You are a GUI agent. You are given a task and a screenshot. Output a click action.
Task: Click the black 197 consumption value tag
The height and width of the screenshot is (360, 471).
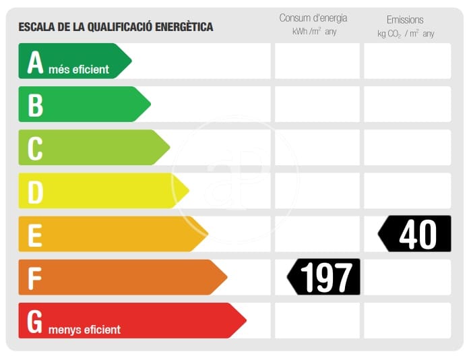tap(325, 276)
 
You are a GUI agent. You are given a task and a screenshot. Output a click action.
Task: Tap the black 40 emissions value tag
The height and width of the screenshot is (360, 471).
tap(415, 234)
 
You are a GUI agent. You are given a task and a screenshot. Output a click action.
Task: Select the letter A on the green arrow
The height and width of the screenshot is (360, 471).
tap(35, 61)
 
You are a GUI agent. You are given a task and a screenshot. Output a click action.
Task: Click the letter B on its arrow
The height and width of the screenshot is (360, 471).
tap(35, 104)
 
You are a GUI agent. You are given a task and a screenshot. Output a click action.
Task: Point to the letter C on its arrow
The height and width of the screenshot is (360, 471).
tap(35, 148)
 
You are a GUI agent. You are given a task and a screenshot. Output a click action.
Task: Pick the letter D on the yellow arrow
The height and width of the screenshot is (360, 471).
tap(35, 191)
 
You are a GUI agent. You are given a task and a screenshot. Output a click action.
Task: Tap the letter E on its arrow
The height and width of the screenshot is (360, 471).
tap(35, 234)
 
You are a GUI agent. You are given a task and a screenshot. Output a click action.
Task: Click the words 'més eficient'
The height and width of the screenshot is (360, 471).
tap(79, 69)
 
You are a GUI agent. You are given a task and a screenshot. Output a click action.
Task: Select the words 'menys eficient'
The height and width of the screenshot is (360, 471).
tap(84, 330)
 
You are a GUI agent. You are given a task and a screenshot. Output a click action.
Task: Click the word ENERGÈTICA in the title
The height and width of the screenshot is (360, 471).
tap(181, 27)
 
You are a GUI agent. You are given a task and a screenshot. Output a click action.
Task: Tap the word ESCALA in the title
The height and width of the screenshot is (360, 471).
tap(36, 27)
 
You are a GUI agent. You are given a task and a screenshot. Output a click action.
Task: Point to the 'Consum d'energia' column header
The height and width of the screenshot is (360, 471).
tap(314, 18)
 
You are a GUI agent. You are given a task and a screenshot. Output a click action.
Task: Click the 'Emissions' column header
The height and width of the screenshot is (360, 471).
tap(405, 20)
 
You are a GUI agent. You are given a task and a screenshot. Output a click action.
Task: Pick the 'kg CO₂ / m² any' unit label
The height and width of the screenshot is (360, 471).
tap(406, 33)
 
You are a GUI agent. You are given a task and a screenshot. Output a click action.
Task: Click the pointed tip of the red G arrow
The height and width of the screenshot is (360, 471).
tap(245, 320)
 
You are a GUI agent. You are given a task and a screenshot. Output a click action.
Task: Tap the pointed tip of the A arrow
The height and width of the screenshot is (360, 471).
tap(131, 61)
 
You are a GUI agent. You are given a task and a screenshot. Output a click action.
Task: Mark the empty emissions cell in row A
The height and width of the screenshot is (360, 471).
tap(407, 61)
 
